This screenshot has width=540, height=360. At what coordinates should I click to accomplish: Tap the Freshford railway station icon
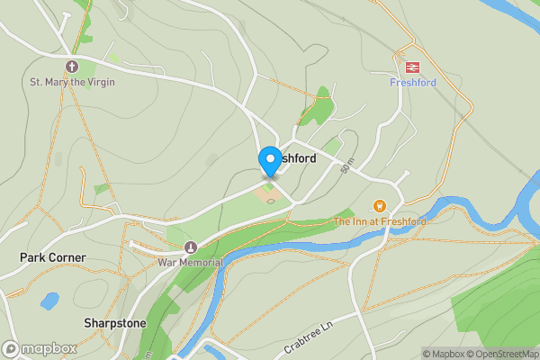click(x=413, y=66)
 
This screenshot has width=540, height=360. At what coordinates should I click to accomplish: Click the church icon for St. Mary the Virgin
click(x=72, y=67)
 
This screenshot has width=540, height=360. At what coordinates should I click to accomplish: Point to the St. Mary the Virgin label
click(x=72, y=83)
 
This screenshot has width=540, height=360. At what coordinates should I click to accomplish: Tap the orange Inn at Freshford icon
click(x=380, y=206)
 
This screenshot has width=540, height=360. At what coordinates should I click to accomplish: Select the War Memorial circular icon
click(x=189, y=247)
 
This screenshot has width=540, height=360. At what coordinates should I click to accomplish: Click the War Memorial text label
click(x=190, y=263)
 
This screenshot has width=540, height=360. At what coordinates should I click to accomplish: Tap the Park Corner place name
click(x=53, y=257)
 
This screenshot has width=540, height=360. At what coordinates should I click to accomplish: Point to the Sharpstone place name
click(x=114, y=322)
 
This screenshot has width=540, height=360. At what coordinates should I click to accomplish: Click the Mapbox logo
click(x=39, y=348)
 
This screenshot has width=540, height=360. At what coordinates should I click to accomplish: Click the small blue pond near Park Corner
click(x=49, y=300)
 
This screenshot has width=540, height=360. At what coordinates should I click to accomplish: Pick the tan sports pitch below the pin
click(x=268, y=193)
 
